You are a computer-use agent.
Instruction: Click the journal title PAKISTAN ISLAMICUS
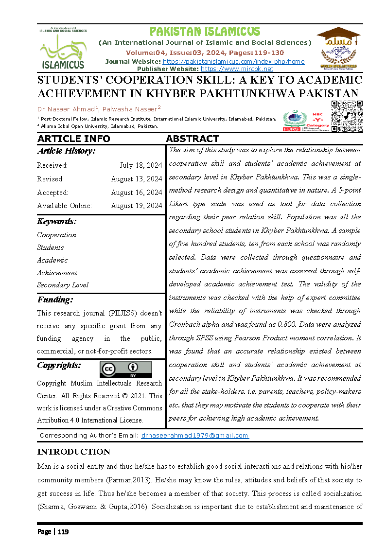205,32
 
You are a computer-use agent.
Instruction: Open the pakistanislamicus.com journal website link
233,62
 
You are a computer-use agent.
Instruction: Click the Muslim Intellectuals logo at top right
338,48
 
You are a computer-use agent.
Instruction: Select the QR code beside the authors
347,116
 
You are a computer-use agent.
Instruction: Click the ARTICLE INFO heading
74,139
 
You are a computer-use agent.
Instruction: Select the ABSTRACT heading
193,139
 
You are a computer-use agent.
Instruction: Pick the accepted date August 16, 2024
136,193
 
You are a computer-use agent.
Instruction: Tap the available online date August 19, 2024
136,206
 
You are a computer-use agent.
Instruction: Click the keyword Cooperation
56,235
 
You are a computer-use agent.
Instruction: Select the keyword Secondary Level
63,285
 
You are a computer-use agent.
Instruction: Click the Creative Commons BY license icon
125,369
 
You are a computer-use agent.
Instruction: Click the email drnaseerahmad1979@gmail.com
194,436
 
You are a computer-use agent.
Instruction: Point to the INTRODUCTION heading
74,452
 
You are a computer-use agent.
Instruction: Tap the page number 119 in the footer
63,532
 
